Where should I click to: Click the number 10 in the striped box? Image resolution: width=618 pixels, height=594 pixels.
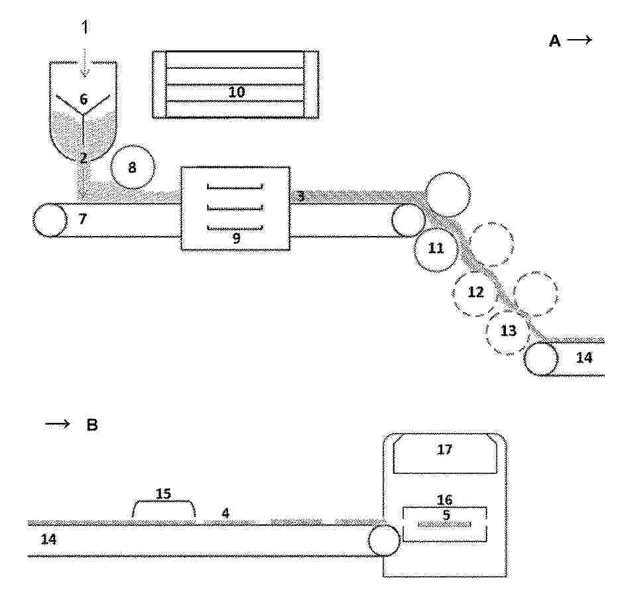click(237, 92)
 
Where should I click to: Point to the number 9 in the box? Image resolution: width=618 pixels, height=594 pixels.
click(236, 238)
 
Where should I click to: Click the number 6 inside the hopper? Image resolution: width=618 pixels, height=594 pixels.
click(83, 99)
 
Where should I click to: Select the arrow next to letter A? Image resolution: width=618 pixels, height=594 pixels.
click(580, 40)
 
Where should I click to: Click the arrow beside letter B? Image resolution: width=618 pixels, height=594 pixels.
click(58, 424)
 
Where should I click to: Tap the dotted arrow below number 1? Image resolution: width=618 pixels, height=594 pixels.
click(85, 62)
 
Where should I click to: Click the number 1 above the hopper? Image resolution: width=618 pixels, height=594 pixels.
click(85, 27)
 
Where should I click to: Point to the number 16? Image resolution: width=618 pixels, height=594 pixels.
click(444, 500)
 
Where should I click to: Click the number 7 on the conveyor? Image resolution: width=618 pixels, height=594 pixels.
click(82, 218)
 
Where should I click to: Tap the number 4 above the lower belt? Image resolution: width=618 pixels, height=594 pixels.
click(225, 513)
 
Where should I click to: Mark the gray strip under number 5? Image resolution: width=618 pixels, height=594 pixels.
click(444, 524)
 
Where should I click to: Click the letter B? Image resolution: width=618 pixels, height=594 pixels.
click(92, 425)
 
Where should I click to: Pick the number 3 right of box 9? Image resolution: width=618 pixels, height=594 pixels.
click(301, 196)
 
